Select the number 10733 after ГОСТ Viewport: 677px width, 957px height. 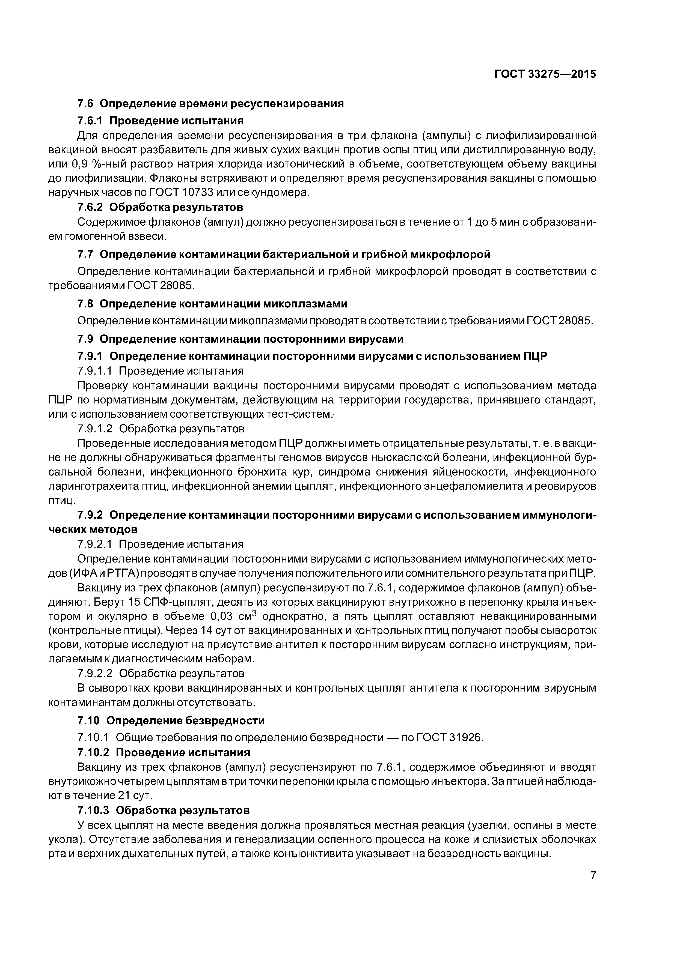(198, 192)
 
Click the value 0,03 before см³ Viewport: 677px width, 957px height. (220, 617)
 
